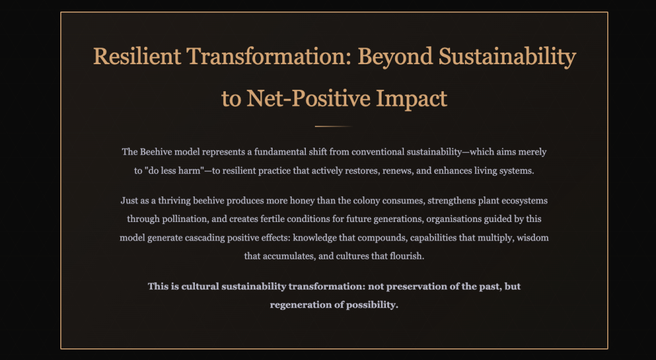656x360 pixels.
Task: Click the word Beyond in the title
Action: pyautogui.click(x=395, y=57)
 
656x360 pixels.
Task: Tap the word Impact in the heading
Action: pyautogui.click(x=411, y=99)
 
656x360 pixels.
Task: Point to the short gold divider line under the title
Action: pyautogui.click(x=334, y=126)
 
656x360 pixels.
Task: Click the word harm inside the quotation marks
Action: pyautogui.click(x=190, y=171)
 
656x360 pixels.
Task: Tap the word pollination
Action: pyautogui.click(x=191, y=219)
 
